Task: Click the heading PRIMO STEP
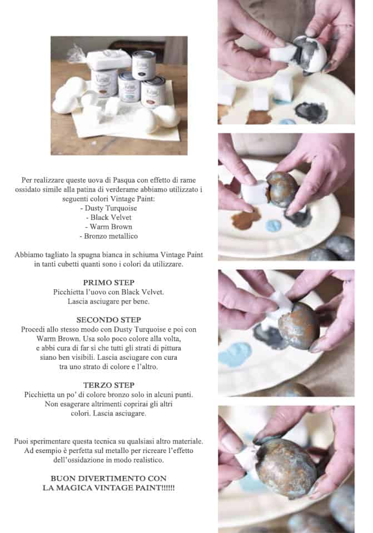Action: click(x=109, y=283)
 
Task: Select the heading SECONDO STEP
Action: click(x=108, y=320)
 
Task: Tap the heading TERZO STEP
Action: click(x=109, y=385)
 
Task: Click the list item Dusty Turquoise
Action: click(x=108, y=208)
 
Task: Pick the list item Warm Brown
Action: click(x=108, y=227)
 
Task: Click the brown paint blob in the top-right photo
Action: click(x=259, y=116)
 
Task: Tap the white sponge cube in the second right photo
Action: click(x=255, y=193)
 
